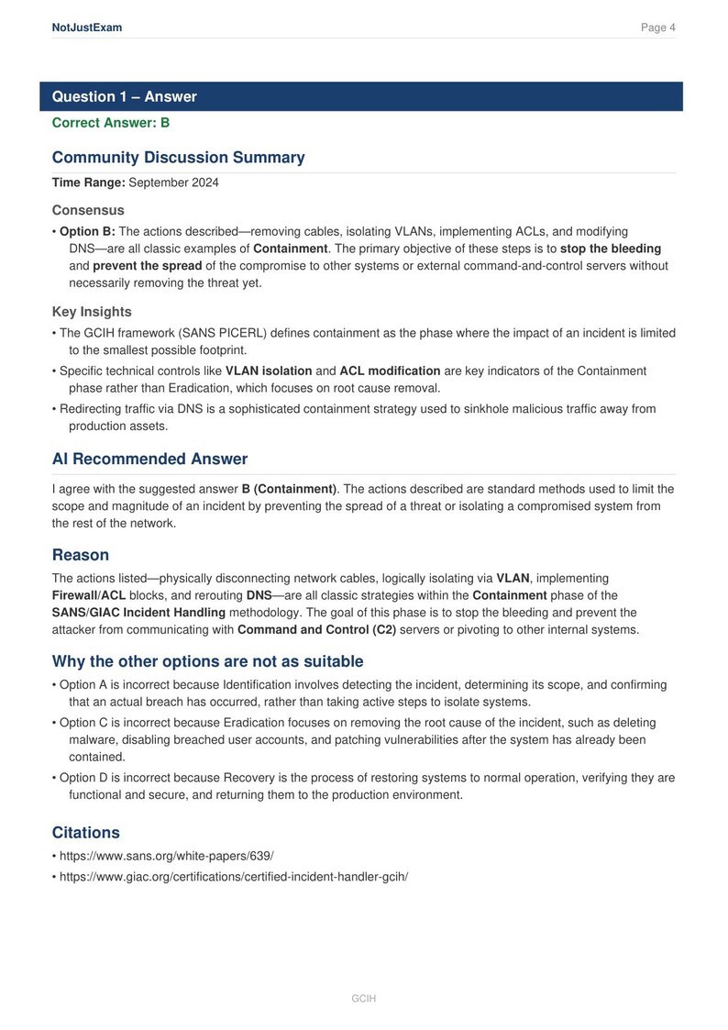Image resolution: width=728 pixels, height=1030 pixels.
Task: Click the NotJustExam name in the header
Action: (87, 28)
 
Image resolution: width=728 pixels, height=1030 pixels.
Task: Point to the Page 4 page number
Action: (657, 28)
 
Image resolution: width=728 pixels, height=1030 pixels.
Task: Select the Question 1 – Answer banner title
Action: (124, 97)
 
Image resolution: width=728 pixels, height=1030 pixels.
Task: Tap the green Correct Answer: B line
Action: (111, 122)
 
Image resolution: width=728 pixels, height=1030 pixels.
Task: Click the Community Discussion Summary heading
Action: (178, 158)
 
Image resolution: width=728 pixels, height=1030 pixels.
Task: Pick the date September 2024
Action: (173, 183)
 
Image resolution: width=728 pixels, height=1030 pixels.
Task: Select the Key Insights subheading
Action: (92, 312)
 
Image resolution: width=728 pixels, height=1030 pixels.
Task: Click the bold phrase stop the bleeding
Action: (610, 249)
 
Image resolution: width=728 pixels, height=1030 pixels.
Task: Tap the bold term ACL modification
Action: (390, 371)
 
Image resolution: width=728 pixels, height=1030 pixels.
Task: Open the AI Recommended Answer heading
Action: (149, 460)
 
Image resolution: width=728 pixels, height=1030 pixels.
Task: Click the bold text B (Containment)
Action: (289, 489)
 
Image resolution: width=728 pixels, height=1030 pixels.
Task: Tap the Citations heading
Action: (86, 833)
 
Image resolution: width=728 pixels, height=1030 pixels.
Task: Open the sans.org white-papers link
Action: (166, 857)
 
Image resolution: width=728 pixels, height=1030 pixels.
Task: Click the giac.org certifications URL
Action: (233, 876)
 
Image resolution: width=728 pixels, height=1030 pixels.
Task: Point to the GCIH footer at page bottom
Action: (364, 998)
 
